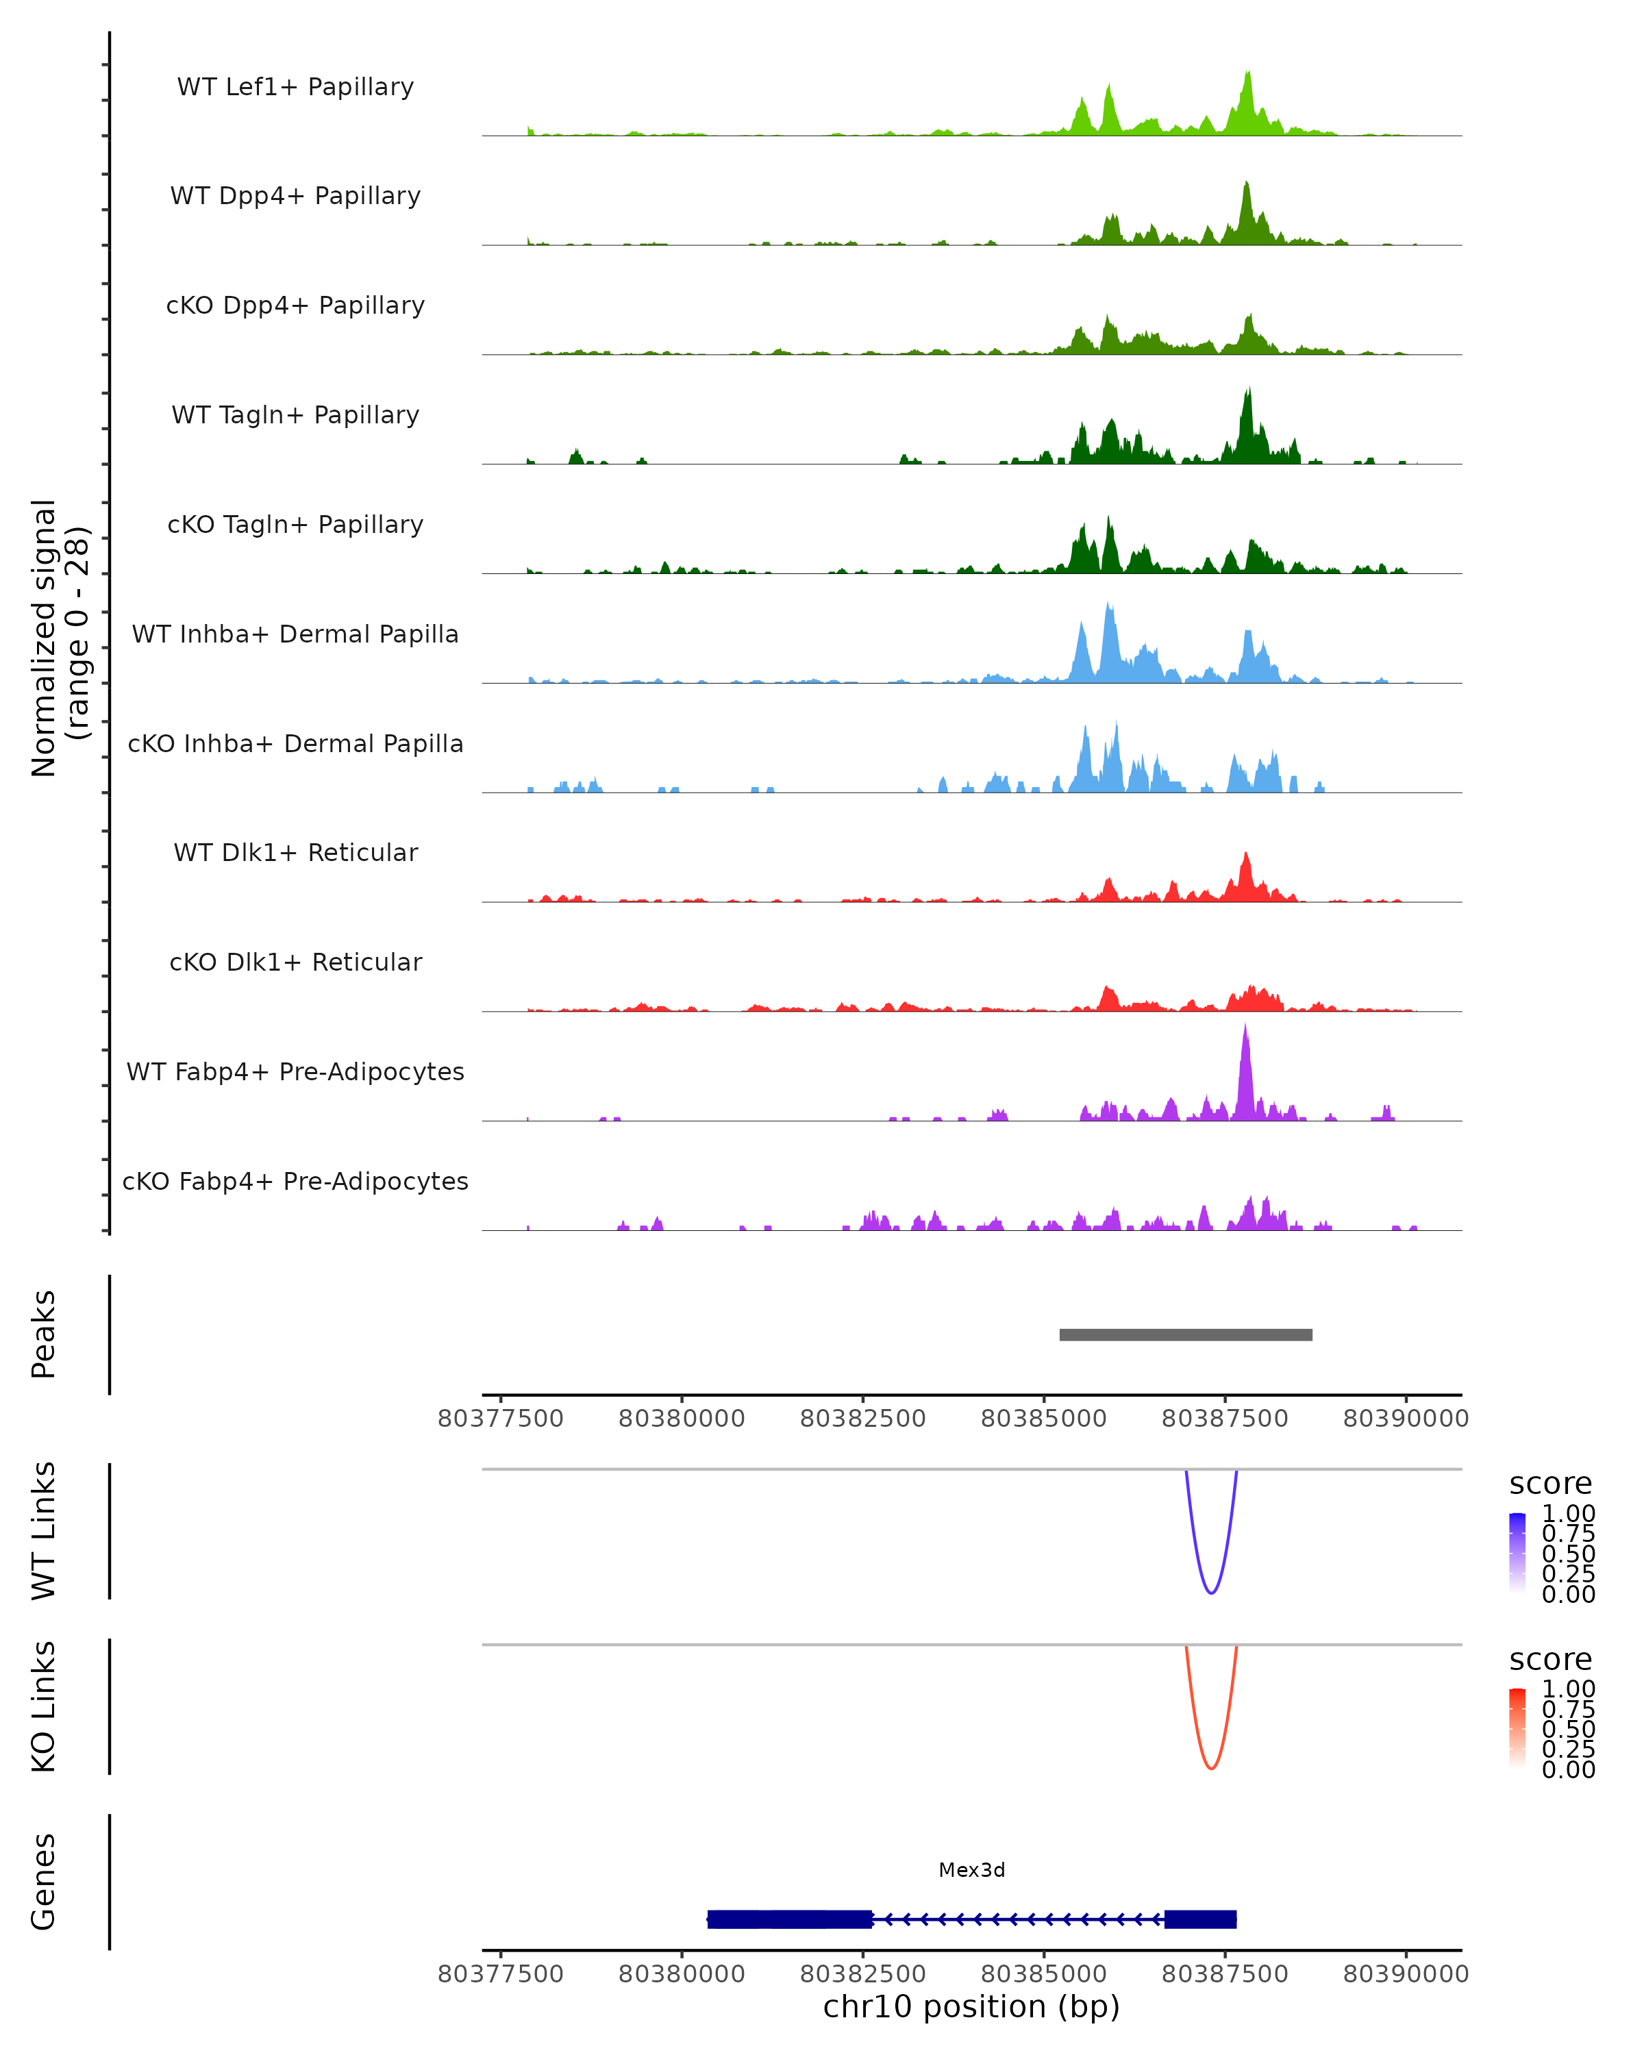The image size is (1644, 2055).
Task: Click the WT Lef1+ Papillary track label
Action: click(295, 87)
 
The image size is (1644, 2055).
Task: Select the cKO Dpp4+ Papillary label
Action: click(295, 306)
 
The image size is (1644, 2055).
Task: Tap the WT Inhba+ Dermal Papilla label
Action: click(295, 635)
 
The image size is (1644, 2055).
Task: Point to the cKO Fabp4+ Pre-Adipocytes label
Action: click(295, 1182)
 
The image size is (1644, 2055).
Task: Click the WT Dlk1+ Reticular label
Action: click(295, 853)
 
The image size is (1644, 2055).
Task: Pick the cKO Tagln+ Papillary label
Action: click(295, 525)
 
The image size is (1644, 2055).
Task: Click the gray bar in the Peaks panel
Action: click(1186, 1335)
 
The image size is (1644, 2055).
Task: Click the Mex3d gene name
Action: click(971, 1870)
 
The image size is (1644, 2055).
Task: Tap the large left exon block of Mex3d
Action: click(789, 1919)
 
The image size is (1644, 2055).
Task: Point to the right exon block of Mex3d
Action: click(1200, 1919)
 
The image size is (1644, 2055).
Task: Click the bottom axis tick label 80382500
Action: click(862, 1974)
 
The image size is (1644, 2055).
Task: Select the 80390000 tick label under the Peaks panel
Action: click(1406, 1419)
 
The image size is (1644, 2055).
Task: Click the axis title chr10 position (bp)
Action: click(971, 2007)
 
